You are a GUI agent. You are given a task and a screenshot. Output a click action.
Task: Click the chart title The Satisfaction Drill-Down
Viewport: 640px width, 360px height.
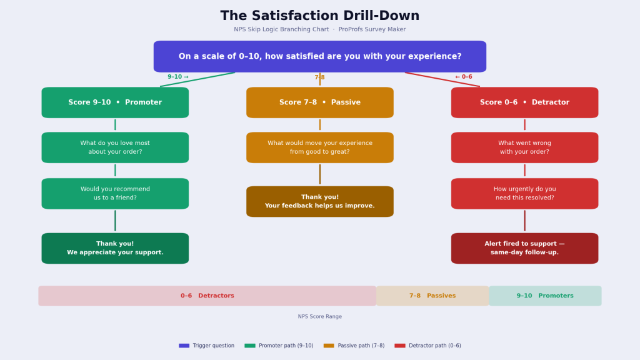319,16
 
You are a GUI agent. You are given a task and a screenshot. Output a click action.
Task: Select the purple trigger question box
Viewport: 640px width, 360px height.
319,56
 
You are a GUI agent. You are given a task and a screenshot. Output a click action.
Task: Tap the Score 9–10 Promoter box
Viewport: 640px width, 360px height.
115,102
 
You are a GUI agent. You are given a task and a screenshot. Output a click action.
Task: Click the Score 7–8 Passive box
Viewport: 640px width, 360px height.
319,102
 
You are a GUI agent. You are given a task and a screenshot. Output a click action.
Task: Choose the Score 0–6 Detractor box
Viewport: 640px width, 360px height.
524,102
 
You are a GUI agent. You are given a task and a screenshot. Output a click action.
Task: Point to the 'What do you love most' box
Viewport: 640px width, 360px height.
115,147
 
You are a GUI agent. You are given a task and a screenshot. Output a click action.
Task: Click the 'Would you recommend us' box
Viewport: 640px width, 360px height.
115,194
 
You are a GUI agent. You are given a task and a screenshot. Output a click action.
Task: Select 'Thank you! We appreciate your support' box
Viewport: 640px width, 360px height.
115,248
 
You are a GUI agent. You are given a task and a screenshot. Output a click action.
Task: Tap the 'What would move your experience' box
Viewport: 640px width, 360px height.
319,147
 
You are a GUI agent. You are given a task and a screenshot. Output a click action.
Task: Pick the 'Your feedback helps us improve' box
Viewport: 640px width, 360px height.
319,201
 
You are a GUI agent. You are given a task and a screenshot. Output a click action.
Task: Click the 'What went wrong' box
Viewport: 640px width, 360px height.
524,147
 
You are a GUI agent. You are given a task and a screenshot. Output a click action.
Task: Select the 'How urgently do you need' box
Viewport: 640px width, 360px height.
524,194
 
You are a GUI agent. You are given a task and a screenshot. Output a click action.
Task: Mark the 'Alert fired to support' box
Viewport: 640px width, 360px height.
524,248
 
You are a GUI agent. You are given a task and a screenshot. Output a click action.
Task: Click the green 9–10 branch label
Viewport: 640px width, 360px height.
177,77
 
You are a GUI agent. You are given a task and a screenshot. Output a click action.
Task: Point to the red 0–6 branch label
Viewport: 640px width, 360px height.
464,77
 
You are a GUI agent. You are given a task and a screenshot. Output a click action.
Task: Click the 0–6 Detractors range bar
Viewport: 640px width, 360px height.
207,296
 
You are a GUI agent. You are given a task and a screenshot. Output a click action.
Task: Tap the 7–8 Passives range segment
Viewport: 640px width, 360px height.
432,296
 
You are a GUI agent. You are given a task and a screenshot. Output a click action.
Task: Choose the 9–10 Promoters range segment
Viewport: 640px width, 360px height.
545,296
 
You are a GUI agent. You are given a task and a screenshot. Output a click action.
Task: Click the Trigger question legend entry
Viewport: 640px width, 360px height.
207,346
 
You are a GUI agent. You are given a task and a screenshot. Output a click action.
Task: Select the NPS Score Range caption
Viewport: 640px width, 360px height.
319,317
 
